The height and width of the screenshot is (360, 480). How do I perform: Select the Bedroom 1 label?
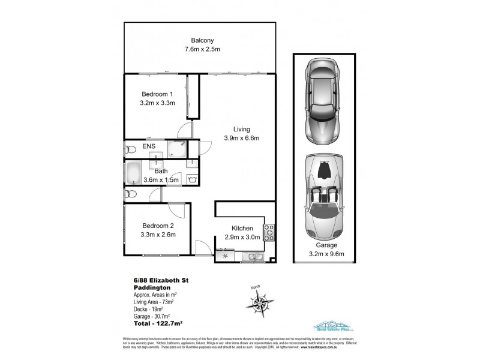click(x=157, y=94)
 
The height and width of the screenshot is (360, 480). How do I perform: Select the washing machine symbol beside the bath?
click(x=193, y=178)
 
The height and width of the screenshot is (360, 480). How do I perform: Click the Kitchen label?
click(x=242, y=229)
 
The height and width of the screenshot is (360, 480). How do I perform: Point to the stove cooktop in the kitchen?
click(x=269, y=233)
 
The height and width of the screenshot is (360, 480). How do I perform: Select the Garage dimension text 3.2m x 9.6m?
click(x=323, y=254)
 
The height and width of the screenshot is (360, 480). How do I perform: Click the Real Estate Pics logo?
click(x=332, y=326)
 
